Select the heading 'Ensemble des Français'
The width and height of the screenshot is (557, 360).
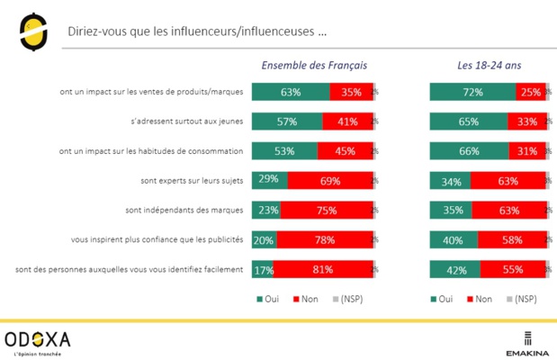(x=313, y=66)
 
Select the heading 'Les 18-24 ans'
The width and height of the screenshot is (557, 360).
(x=489, y=66)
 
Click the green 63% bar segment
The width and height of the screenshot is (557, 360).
(x=291, y=91)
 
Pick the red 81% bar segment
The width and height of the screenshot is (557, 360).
(x=322, y=268)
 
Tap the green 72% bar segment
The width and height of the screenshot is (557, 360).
(x=472, y=91)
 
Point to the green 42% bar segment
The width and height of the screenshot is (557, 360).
(x=455, y=268)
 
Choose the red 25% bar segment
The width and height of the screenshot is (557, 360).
(x=530, y=91)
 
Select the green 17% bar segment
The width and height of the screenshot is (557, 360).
(x=262, y=268)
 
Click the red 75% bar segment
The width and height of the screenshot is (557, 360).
(x=326, y=210)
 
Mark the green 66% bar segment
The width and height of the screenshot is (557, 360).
(x=469, y=150)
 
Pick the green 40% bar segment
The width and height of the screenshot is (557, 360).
(x=454, y=239)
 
